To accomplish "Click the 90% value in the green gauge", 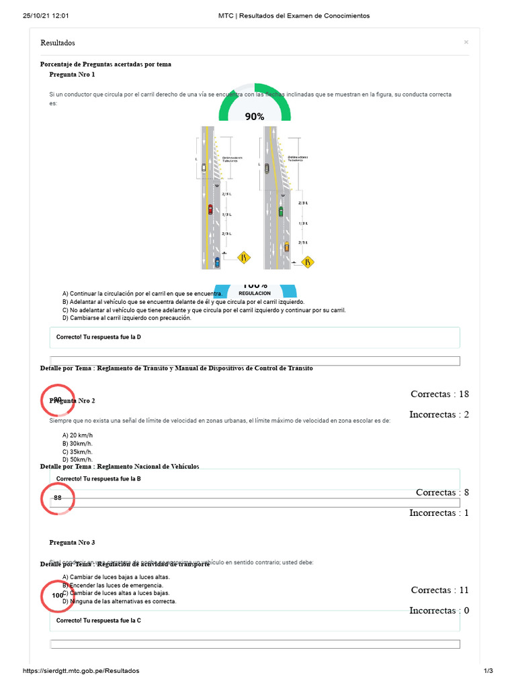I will coord(254,116).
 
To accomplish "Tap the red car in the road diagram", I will coord(210,209).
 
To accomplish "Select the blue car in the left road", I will coord(216,261).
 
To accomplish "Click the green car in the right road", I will coord(281,211).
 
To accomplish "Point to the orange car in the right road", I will coord(287,246).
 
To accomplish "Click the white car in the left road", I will coord(204,168).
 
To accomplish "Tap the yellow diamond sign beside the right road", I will coord(308,261).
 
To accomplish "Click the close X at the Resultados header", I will coord(466,42).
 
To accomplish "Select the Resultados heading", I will coord(58,43).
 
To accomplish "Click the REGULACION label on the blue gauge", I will coord(255,293).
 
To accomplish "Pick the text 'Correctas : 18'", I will coord(439,394).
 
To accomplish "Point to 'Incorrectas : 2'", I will coord(439,415).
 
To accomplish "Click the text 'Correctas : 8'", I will coord(442,492).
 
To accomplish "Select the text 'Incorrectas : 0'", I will coord(439,611).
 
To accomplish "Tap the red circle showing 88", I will coord(58,498).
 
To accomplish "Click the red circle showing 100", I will coord(58,595).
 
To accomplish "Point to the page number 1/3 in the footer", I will coord(488,671).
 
